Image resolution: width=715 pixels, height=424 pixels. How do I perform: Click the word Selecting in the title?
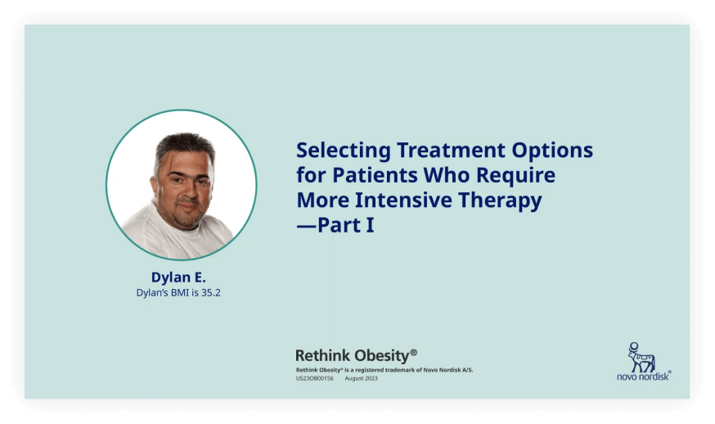344,151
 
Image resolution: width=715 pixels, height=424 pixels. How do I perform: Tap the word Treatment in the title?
451,150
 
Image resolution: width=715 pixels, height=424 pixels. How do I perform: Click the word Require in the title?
515,176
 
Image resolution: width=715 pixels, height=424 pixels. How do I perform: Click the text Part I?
346,225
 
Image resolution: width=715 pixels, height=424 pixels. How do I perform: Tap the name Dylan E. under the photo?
178,277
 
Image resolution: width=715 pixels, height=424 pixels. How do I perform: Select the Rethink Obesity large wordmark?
356,355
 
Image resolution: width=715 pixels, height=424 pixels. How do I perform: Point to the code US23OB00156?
315,378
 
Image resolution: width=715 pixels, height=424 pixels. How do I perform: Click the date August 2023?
361,378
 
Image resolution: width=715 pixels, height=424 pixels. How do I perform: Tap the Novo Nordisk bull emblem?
641,358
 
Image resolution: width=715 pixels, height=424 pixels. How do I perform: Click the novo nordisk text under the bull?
643,377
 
